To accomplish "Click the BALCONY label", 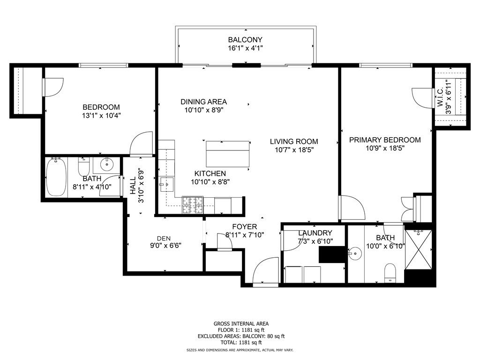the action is coord(245,40).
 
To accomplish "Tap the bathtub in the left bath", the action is coord(56,177).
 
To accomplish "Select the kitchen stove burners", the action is coord(193,205).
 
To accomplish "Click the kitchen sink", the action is coord(166,185).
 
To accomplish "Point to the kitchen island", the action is coord(228,154).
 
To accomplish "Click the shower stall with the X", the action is coord(418,249).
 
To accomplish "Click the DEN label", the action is coord(164,239).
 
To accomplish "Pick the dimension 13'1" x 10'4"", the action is coord(101,116).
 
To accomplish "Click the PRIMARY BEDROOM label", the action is coord(385,140).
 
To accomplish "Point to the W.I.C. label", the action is coord(441,97).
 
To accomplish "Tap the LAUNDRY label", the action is coord(315,233).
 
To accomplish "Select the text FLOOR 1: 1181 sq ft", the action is coord(241,330).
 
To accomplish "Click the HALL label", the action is coord(133,186).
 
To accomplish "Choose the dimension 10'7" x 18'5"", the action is coord(294,150).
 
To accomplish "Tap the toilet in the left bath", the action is coord(84,167).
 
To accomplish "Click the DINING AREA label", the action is coord(203,102).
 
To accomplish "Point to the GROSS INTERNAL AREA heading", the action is coord(241,323).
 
